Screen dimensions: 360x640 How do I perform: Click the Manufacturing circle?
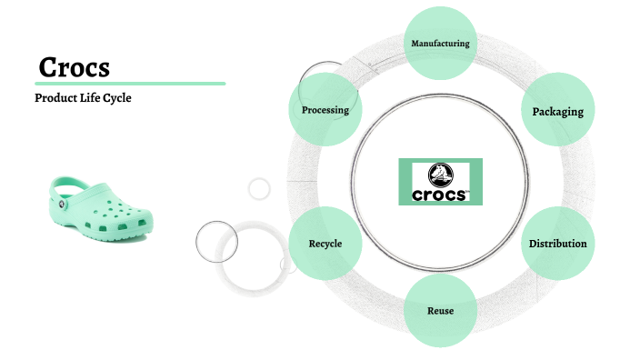coord(440,43)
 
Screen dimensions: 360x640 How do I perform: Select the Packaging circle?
coord(557,111)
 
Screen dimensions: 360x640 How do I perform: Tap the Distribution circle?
coord(557,244)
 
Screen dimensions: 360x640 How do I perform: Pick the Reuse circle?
coord(440,311)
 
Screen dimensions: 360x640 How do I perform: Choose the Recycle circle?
coord(325,244)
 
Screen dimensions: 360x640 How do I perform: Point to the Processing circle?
coord(325,111)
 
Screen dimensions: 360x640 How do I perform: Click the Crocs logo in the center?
coord(440,181)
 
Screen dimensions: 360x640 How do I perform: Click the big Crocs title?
coord(75,67)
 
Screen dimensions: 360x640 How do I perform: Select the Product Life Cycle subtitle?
coord(83,97)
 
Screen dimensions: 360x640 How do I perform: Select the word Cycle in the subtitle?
coord(116,97)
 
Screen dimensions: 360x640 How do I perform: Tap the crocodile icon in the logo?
coord(440,172)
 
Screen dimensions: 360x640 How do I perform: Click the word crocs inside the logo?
coord(440,193)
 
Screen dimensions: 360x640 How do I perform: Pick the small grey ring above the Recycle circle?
coord(260,188)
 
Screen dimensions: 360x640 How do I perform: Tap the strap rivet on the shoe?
coord(63,205)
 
